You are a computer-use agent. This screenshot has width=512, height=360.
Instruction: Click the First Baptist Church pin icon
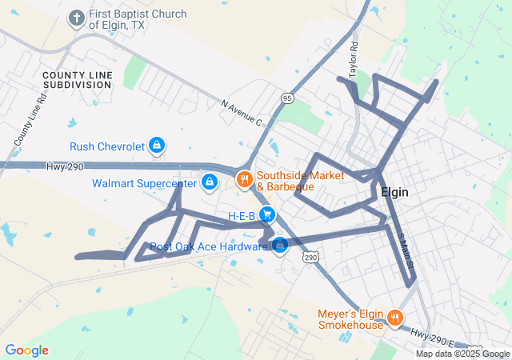tap(77, 18)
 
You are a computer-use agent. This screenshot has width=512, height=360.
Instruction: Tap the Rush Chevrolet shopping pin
tap(158, 146)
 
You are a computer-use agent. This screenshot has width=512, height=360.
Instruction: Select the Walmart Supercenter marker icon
tap(209, 183)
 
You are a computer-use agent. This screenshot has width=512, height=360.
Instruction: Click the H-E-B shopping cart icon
tap(267, 215)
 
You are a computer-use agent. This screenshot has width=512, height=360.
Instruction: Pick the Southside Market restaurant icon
tap(245, 179)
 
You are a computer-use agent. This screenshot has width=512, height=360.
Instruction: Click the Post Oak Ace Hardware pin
tap(280, 246)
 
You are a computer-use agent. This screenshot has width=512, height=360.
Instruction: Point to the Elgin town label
tap(395, 192)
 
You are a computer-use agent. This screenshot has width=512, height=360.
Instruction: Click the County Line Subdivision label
tap(78, 79)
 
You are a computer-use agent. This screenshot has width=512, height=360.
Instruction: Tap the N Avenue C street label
tap(241, 112)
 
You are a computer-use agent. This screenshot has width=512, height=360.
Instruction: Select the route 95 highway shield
tap(287, 97)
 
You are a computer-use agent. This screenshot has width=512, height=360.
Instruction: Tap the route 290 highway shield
tap(310, 257)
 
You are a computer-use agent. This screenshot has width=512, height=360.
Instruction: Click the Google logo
tap(26, 350)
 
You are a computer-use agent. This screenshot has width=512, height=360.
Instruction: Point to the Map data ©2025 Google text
tap(462, 354)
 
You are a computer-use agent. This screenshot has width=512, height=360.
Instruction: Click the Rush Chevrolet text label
tap(107, 146)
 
